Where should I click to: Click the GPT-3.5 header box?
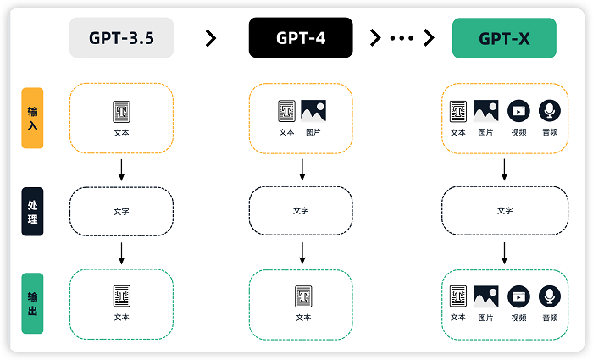121,38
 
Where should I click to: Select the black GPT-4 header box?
301,38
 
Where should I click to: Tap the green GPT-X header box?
504,38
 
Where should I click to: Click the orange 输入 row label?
32,118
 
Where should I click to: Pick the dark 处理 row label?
32,211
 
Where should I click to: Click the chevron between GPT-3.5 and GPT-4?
211,38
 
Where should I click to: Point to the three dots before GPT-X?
402,38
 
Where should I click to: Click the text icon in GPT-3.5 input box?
121,112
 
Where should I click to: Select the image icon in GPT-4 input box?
313,110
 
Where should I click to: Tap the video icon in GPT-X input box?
518,110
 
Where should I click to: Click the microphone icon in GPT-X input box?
550,110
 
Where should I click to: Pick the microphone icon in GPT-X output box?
550,296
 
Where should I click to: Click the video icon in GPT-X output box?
518,296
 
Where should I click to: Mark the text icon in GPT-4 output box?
302,296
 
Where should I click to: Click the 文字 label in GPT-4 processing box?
302,211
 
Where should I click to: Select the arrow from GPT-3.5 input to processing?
121,169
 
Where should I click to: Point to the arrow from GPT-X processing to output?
505,252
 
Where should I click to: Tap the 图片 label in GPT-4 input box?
313,132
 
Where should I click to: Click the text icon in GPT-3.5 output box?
121,296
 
